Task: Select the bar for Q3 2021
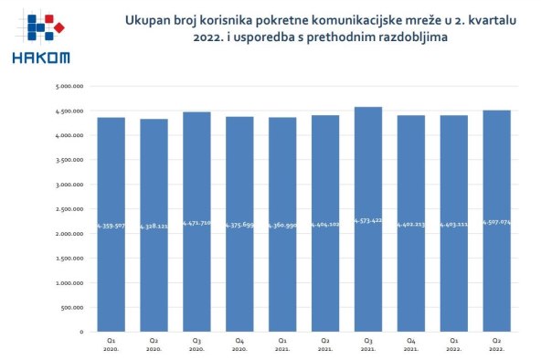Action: (x=368, y=219)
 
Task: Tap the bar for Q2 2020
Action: (x=154, y=225)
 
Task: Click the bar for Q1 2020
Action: (x=111, y=224)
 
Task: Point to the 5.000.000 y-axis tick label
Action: (x=70, y=86)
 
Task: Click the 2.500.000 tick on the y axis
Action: (x=70, y=208)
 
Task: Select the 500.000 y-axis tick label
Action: (x=73, y=307)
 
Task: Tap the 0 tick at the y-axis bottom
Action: (x=82, y=332)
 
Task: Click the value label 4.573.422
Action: (x=368, y=222)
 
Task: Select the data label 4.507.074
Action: (x=497, y=222)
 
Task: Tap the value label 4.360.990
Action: (x=282, y=224)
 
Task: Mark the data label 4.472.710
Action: (x=196, y=222)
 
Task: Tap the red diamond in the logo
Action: (x=59, y=29)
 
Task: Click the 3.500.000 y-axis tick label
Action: (x=70, y=160)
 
